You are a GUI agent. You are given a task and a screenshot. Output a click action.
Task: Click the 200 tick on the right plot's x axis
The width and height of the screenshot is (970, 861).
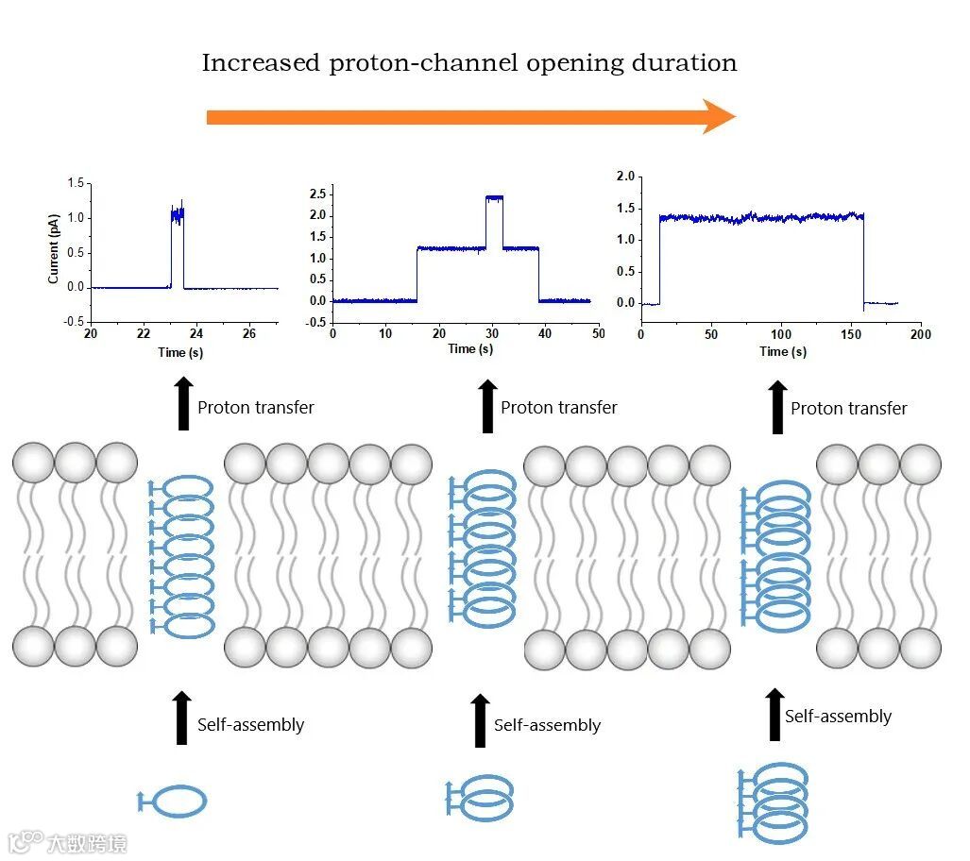pos(921,334)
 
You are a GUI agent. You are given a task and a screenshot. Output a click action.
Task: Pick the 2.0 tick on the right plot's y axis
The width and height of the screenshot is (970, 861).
pos(624,177)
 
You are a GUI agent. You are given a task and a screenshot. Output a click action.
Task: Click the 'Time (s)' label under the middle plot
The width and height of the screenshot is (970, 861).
pos(470,349)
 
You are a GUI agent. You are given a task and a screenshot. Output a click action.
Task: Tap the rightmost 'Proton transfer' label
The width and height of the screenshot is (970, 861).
pos(848,409)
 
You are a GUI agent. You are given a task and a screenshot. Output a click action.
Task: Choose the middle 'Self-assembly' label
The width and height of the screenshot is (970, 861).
pos(547,726)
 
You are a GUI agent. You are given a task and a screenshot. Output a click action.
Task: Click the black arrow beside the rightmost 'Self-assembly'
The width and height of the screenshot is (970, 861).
pos(775,715)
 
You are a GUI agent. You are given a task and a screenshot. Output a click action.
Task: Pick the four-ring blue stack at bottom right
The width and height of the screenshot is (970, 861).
pos(774,802)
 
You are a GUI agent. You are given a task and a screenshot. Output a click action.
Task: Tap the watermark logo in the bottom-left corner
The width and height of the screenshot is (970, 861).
pos(26,840)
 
